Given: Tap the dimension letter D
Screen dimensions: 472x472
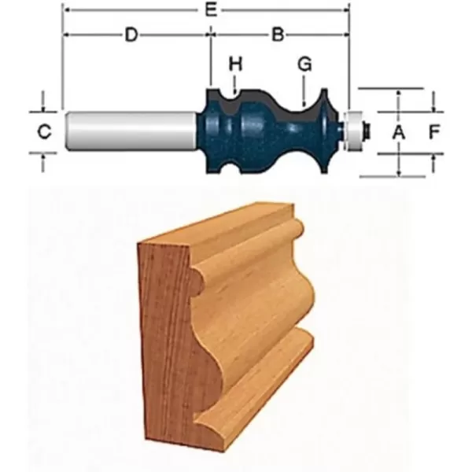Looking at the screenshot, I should [133, 35].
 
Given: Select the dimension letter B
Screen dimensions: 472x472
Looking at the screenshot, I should [278, 35].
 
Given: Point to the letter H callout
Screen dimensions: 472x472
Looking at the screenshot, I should [234, 63].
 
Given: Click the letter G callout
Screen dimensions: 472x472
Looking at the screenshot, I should [304, 64].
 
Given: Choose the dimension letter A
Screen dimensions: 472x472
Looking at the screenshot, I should [399, 132].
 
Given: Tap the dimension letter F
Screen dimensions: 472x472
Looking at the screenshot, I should [433, 132].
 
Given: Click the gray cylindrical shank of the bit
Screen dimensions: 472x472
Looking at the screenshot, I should [130, 130].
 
